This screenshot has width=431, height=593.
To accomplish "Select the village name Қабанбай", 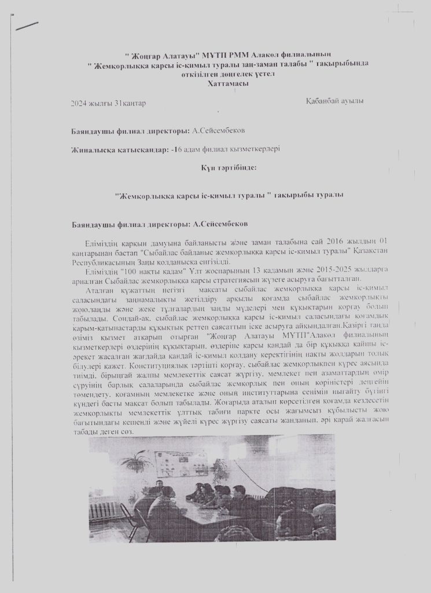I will [324, 102].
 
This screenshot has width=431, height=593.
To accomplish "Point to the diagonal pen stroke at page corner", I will [27, 27].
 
